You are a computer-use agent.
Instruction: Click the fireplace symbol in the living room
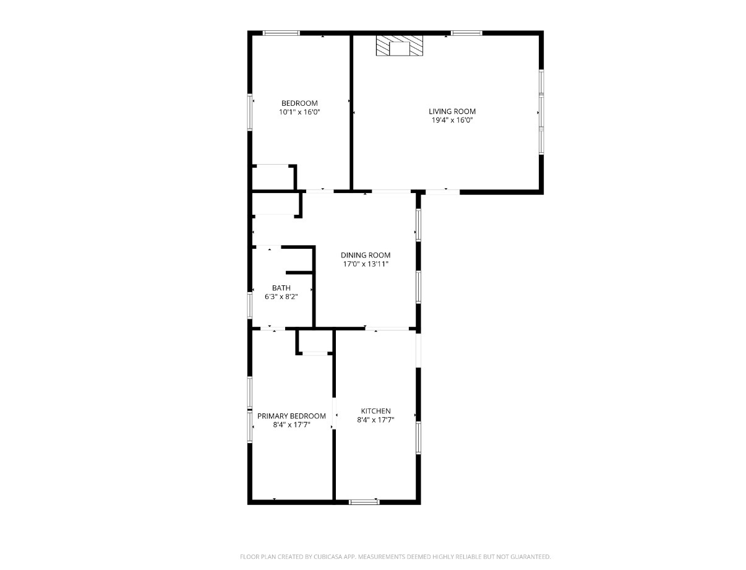point(400,46)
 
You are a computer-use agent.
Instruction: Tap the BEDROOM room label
point(299,103)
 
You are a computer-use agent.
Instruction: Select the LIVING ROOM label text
point(452,111)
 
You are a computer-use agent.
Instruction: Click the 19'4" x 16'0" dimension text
point(452,121)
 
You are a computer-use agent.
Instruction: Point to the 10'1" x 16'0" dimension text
point(299,112)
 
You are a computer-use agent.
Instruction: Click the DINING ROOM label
point(366,255)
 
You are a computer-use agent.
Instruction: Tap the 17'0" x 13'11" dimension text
point(366,264)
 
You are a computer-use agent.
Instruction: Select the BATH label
point(281,288)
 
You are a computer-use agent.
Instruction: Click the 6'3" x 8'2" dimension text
point(281,297)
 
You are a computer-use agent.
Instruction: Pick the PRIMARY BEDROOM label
point(291,416)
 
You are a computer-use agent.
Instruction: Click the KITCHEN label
point(375,411)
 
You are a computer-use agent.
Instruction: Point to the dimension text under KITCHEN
point(375,420)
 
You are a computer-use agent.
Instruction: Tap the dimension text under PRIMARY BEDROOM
point(291,425)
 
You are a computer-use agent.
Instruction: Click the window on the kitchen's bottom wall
point(364,501)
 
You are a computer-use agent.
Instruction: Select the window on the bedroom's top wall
point(281,33)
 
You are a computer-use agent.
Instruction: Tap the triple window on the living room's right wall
point(541,112)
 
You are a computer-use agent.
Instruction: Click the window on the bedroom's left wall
point(251,112)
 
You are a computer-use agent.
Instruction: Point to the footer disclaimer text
point(395,557)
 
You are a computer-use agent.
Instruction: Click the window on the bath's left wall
point(251,305)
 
